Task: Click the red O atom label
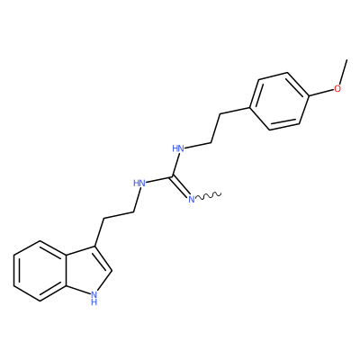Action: pos(337,88)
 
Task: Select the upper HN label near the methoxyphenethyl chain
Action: pos(178,148)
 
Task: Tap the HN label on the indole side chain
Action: pos(139,183)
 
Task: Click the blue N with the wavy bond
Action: pos(192,199)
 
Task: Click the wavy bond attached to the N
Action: pos(209,195)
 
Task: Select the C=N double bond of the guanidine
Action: pos(181,187)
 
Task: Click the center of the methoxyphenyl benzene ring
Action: pos(279,101)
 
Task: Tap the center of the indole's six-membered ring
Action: pos(40,271)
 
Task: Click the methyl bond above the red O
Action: pos(343,72)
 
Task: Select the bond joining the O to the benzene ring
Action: pos(321,93)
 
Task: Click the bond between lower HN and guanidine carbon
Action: pos(158,180)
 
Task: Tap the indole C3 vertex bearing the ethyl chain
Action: pos(96,247)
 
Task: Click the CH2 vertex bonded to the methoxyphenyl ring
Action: pos(220,114)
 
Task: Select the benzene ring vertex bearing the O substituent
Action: pos(309,96)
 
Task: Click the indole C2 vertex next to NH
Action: pos(112,271)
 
